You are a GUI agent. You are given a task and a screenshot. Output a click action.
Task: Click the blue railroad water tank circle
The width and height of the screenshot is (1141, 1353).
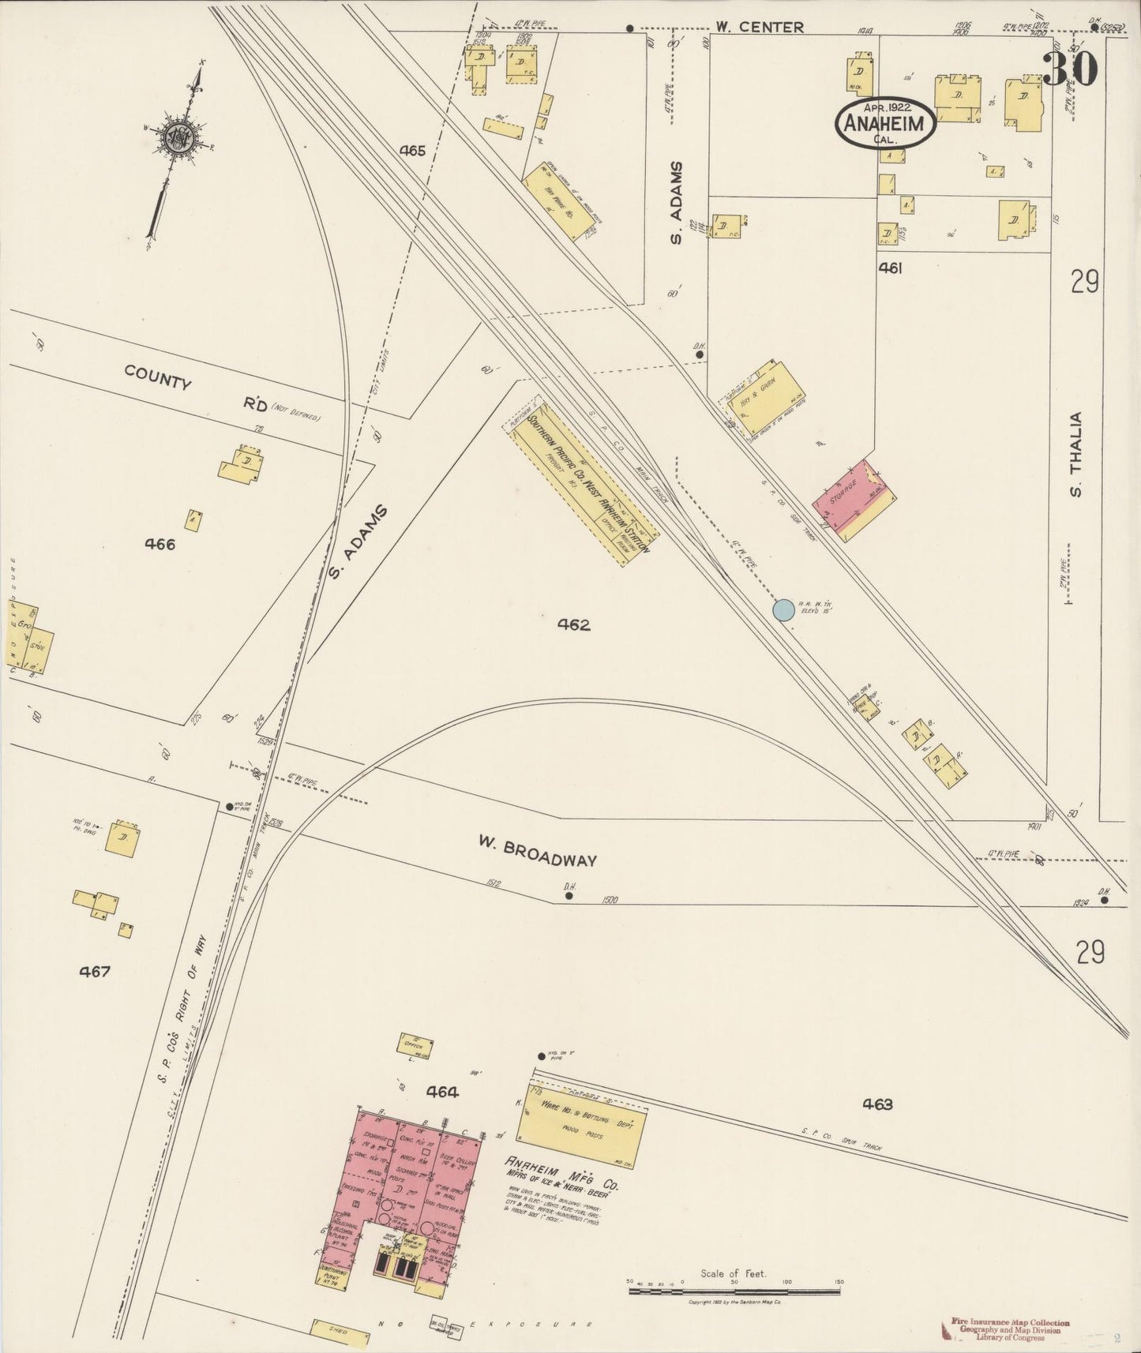[783, 609]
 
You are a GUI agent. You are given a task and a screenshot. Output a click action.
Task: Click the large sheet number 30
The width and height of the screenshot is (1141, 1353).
[1070, 69]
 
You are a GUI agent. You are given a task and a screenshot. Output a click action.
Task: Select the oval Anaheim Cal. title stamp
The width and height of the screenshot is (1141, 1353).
[886, 122]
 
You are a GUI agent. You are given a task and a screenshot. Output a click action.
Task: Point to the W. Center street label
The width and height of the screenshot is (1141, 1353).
[760, 28]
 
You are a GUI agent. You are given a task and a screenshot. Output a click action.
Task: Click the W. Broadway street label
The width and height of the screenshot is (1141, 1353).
[537, 852]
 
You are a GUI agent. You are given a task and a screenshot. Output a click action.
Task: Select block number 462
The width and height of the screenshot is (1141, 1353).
[573, 625]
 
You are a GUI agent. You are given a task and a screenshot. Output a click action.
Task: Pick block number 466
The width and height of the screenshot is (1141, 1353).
[160, 544]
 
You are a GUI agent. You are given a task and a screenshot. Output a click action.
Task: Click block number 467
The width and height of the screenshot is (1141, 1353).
[94, 972]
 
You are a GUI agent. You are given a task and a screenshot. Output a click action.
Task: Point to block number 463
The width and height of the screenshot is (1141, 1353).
[877, 1104]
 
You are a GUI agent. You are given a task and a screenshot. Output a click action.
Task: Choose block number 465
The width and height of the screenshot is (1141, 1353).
[412, 150]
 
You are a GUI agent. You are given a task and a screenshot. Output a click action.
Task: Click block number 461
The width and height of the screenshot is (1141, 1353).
[890, 268]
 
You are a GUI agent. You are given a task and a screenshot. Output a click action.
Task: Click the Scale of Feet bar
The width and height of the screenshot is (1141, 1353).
[734, 1291]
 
